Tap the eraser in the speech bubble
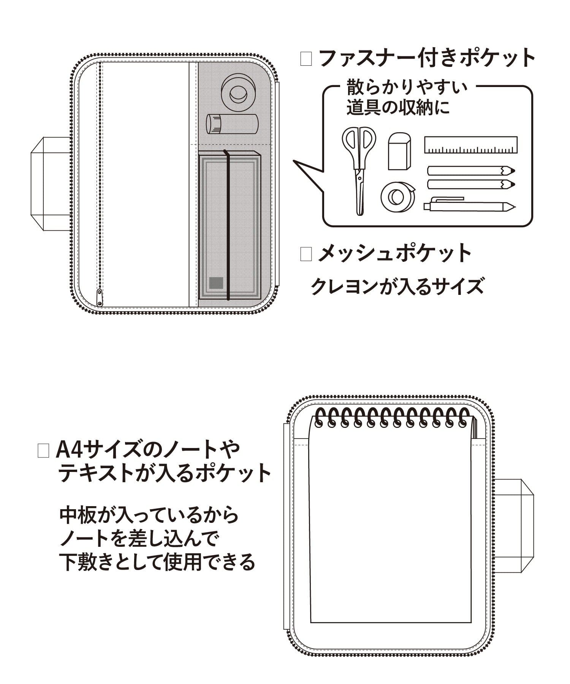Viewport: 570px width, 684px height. click(x=399, y=151)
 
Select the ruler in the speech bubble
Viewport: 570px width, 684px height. click(x=470, y=145)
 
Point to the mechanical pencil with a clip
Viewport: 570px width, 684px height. click(x=469, y=205)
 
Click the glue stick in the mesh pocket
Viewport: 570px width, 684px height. click(x=232, y=124)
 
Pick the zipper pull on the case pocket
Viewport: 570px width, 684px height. click(x=100, y=297)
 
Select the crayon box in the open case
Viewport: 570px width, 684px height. click(x=230, y=227)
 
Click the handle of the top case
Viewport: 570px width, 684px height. click(x=50, y=184)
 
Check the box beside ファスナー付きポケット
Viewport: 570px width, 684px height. click(x=306, y=59)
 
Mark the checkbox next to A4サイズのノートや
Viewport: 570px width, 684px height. click(x=43, y=451)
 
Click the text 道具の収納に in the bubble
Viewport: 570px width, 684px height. click(x=397, y=108)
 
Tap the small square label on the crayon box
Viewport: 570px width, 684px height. click(x=216, y=283)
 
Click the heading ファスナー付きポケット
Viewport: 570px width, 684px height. click(x=427, y=59)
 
